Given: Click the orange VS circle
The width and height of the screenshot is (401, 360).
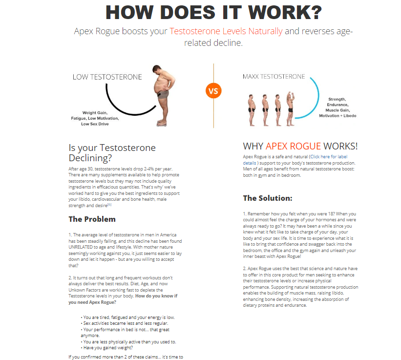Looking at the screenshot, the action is pyautogui.click(x=213, y=91).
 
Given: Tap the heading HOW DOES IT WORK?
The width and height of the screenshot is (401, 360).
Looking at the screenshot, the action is pyautogui.click(x=213, y=13).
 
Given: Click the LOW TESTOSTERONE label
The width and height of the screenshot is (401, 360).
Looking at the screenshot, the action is pyautogui.click(x=107, y=77).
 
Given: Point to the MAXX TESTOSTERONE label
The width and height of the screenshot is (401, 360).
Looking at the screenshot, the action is pyautogui.click(x=274, y=77).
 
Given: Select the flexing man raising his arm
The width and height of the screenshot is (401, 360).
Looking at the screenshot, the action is pyautogui.click(x=291, y=103).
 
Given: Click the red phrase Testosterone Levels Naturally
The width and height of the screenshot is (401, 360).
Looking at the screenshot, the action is pyautogui.click(x=226, y=31).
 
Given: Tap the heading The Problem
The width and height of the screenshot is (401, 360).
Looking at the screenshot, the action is pyautogui.click(x=92, y=219).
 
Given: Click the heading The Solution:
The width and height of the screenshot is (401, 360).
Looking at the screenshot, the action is pyautogui.click(x=268, y=198).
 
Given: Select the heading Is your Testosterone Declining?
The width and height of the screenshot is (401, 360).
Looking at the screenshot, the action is pyautogui.click(x=112, y=153).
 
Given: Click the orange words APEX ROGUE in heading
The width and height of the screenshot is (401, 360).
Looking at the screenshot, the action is pyautogui.click(x=293, y=146).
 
